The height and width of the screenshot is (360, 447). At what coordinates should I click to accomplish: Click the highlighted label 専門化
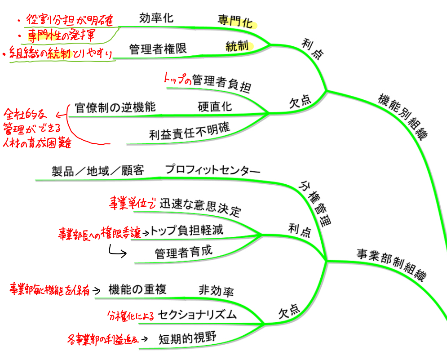pyautogui.click(x=235, y=21)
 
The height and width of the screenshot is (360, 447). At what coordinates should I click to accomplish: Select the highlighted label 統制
pyautogui.click(x=237, y=45)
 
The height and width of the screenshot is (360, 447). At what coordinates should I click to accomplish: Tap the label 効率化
pyautogui.click(x=156, y=18)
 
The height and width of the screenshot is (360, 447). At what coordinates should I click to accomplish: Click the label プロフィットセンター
pyautogui.click(x=212, y=170)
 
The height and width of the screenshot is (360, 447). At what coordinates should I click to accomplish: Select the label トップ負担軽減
pyautogui.click(x=186, y=231)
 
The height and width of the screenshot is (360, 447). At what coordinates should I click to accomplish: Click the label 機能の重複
pyautogui.click(x=137, y=290)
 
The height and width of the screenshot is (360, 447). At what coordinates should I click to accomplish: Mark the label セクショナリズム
pyautogui.click(x=198, y=314)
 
